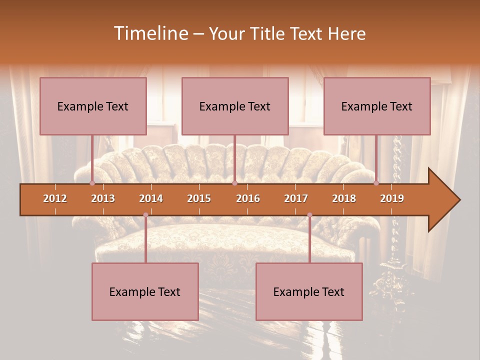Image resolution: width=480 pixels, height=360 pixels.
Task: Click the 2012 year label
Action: pyautogui.click(x=55, y=198)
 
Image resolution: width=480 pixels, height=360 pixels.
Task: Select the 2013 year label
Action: pyautogui.click(x=103, y=198)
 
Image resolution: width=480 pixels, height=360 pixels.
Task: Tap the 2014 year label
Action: pyautogui.click(x=151, y=198)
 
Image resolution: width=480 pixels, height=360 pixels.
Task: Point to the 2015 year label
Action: pyautogui.click(x=199, y=198)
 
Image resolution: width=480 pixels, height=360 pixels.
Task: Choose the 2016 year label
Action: pyautogui.click(x=248, y=198)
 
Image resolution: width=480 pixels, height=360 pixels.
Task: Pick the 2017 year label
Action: pyautogui.click(x=296, y=198)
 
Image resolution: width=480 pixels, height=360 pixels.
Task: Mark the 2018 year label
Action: pyautogui.click(x=344, y=198)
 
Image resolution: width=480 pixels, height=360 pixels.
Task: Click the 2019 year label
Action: pyautogui.click(x=392, y=198)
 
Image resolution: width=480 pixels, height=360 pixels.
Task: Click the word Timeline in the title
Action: pyautogui.click(x=150, y=33)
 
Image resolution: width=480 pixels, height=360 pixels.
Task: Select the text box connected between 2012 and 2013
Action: pyautogui.click(x=93, y=106)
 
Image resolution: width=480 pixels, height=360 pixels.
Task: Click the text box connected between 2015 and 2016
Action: pyautogui.click(x=235, y=106)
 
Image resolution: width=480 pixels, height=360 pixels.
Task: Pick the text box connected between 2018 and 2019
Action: pyautogui.click(x=377, y=106)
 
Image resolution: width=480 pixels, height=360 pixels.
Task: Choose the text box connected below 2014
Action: pyautogui.click(x=145, y=291)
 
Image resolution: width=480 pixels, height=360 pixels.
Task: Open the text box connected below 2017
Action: pyautogui.click(x=309, y=291)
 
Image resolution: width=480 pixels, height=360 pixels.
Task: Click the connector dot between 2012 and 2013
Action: pyautogui.click(x=92, y=183)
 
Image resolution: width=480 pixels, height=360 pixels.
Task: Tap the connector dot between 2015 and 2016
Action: pyautogui.click(x=234, y=183)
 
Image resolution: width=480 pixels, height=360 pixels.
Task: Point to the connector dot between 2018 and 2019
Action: pyautogui.click(x=376, y=183)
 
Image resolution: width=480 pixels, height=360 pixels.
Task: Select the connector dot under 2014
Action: pyautogui.click(x=145, y=215)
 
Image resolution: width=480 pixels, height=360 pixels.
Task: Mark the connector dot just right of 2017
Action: pyautogui.click(x=309, y=215)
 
